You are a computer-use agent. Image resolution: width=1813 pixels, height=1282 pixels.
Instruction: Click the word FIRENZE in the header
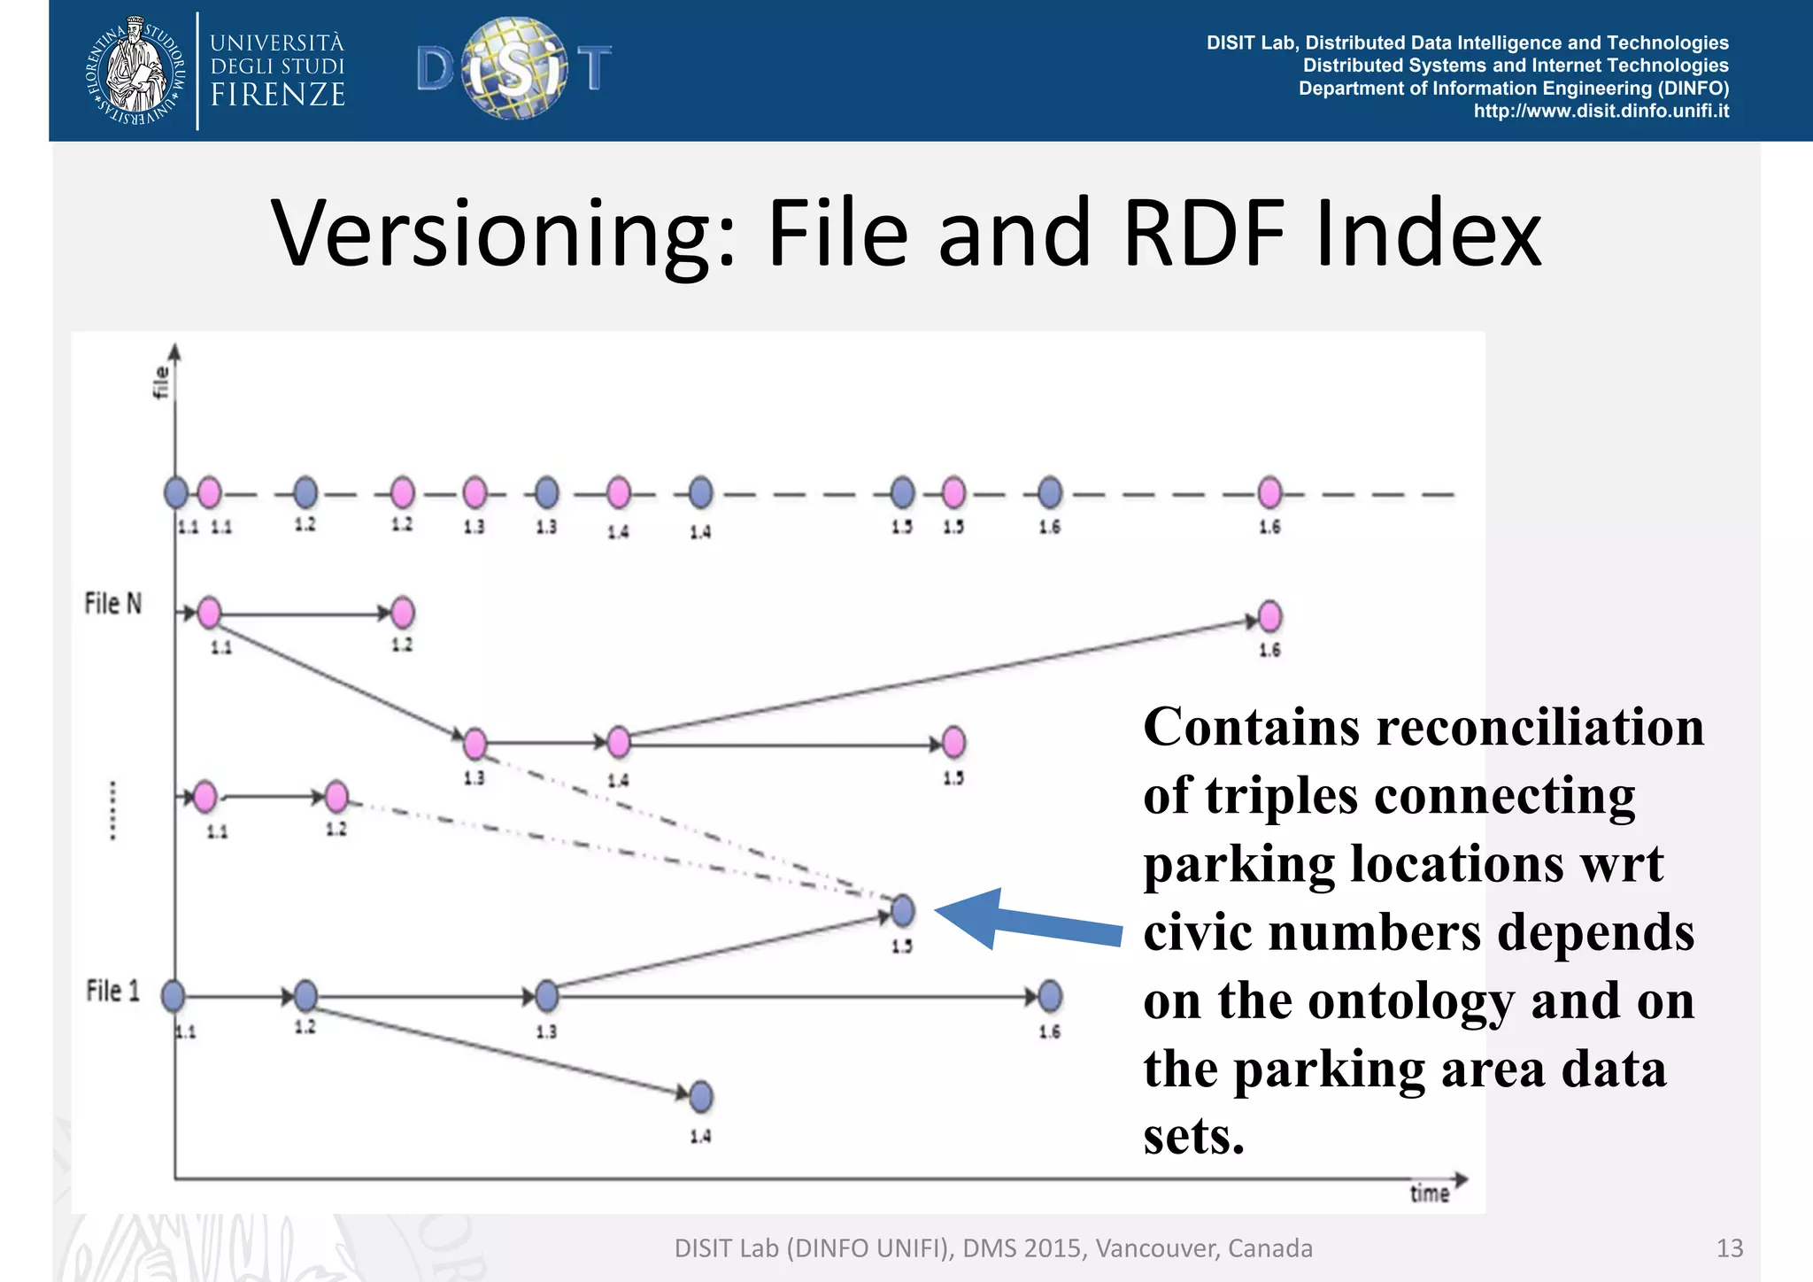pos(278,95)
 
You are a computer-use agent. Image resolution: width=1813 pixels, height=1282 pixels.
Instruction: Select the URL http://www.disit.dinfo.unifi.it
pos(1601,112)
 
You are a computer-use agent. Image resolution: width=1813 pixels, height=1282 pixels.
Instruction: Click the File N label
pos(112,604)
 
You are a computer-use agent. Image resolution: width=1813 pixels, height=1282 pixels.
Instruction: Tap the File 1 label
pos(112,991)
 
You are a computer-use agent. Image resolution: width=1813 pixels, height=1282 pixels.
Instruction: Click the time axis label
pos(1429,1193)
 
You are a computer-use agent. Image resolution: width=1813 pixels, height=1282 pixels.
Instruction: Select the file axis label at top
pos(160,382)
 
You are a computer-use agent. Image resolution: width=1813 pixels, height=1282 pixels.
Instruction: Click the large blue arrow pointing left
pos(1027,921)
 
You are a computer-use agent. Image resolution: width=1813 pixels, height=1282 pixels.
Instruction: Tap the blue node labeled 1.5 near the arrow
pos(902,910)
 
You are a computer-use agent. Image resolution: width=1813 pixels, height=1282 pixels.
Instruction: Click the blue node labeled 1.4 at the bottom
pos(700,1097)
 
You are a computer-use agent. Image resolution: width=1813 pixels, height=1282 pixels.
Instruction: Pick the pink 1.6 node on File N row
pos(1269,617)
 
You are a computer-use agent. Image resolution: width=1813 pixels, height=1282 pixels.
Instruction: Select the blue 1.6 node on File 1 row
pos(1050,997)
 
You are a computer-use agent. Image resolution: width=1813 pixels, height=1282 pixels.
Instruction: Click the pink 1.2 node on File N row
pos(402,613)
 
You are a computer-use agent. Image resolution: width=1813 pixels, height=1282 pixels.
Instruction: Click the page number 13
pos(1729,1248)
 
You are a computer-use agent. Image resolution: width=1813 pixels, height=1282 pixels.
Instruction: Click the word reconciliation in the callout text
pos(1540,728)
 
